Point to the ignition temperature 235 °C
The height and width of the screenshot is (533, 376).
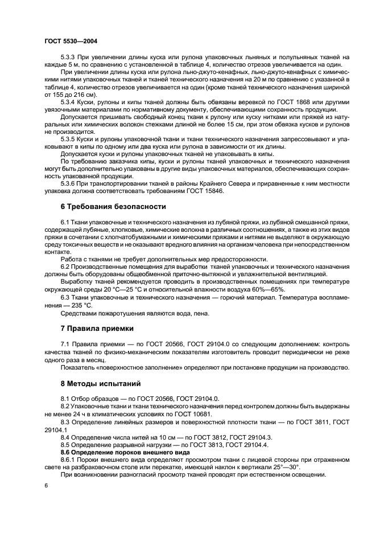pos(79,304)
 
